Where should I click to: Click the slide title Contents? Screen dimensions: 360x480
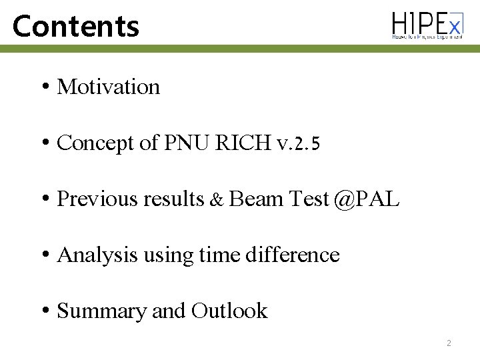click(x=76, y=26)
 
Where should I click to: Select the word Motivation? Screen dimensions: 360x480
click(x=109, y=87)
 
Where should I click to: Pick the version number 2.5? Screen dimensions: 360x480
click(x=307, y=143)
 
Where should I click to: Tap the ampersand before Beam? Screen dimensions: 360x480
click(x=217, y=199)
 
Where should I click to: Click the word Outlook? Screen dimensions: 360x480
click(x=229, y=311)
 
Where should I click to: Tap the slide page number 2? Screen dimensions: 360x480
click(x=449, y=343)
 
